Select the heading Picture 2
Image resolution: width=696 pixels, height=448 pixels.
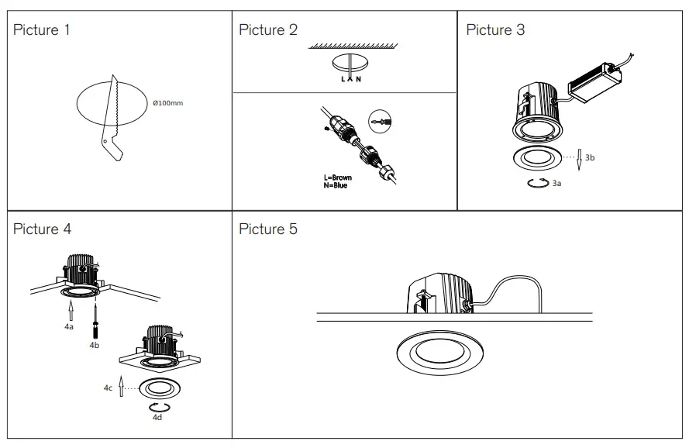[267, 30]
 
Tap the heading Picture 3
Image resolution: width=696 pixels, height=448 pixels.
[494, 30]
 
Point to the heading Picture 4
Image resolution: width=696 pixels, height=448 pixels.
[43, 229]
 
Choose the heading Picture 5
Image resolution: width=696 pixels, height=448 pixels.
[267, 229]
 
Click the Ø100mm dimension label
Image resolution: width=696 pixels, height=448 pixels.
[168, 103]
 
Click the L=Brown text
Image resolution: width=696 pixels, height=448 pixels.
[337, 177]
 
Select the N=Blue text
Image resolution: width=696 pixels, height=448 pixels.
[335, 185]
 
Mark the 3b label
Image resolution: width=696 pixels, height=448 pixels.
[590, 157]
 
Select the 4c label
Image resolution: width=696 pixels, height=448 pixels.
[108, 388]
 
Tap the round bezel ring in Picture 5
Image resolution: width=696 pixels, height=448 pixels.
[437, 353]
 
